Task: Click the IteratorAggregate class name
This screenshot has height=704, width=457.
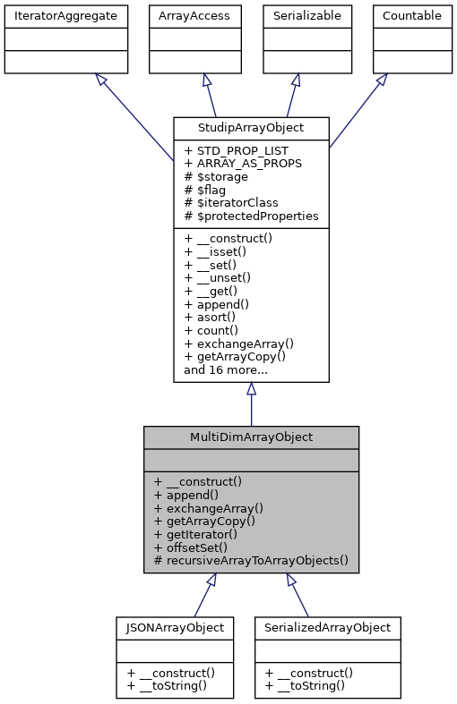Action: point(65,15)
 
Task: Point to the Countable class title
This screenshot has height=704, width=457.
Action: point(411,15)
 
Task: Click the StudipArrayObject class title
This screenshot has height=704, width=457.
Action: point(251,128)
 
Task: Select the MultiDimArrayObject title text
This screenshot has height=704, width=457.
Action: point(251,437)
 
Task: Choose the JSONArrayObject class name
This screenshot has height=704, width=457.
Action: point(175,627)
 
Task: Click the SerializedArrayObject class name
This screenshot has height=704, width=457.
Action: point(327,627)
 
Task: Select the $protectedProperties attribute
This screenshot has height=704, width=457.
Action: point(251,216)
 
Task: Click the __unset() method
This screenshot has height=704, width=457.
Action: point(218,277)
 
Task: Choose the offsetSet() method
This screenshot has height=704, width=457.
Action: point(196,547)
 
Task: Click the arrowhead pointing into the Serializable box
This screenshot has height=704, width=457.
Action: point(296,80)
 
